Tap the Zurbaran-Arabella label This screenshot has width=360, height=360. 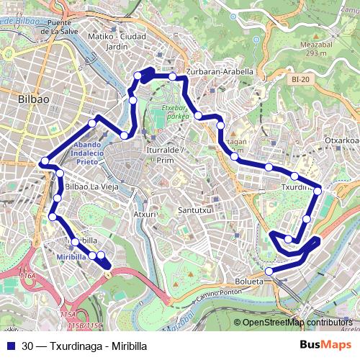pyautogui.click(x=219, y=72)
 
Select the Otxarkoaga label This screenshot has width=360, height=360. pyautogui.click(x=341, y=140)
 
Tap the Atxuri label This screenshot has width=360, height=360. pyautogui.click(x=145, y=215)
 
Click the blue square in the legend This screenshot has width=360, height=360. pyautogui.click(x=9, y=345)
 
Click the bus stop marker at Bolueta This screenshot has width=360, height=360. pyautogui.click(x=269, y=271)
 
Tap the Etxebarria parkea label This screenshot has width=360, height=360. pyautogui.click(x=171, y=112)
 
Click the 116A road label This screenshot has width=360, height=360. pyautogui.click(x=28, y=276)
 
